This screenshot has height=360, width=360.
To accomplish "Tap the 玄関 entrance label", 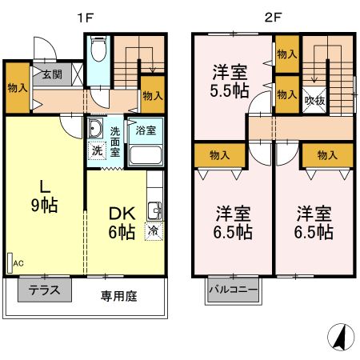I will click(51, 75).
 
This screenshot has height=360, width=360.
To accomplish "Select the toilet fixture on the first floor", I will click(98, 51).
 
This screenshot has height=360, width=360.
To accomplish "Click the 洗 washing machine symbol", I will click(95, 149).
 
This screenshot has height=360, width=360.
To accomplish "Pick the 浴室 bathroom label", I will click(145, 129).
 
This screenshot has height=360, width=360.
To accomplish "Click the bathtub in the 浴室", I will click(145, 153).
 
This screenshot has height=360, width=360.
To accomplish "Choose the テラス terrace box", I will click(44, 290).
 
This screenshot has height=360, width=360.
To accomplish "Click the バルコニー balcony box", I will click(233, 290).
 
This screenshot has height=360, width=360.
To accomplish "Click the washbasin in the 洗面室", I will click(94, 129).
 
